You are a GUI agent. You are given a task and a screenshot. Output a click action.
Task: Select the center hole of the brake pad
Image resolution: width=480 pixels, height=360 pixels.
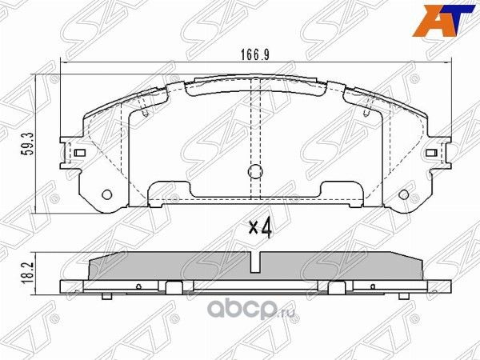(255, 170)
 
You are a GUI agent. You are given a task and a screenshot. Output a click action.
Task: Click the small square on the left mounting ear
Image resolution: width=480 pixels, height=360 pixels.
(80, 152)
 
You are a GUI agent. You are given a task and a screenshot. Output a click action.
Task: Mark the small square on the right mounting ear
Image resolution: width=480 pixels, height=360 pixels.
(431, 152)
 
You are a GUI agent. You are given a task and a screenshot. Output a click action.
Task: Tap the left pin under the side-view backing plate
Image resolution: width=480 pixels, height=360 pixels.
(106, 297)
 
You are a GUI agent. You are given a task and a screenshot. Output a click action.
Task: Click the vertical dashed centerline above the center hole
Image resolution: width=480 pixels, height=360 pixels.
(255, 128)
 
